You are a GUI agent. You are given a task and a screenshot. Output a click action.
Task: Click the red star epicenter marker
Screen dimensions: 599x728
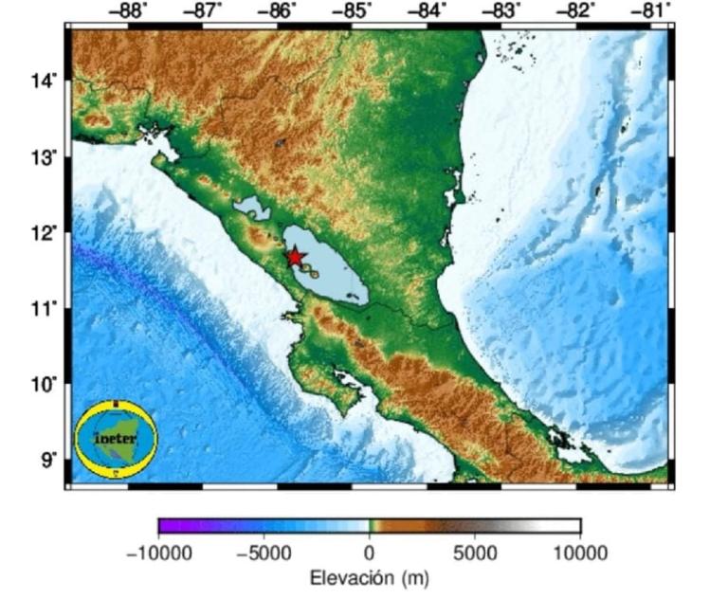tap(295, 257)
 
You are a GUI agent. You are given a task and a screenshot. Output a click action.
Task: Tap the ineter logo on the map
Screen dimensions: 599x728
tap(117, 439)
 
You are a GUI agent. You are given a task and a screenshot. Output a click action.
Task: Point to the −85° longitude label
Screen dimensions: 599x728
tap(353, 10)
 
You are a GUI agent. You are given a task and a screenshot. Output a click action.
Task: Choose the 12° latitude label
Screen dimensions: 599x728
tap(46, 232)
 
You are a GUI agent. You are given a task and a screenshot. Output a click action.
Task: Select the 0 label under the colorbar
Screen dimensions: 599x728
tap(369, 553)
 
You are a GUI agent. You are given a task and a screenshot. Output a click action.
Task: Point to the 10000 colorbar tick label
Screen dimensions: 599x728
tap(579, 553)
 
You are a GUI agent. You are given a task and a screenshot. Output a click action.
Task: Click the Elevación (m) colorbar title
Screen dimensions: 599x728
tap(369, 577)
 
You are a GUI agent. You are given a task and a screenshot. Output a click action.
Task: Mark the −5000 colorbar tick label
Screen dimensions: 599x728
tap(264, 553)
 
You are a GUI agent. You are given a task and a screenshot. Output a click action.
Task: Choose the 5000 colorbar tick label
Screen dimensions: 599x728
tap(474, 553)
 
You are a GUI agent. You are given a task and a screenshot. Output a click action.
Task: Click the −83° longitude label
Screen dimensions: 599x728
tap(501, 10)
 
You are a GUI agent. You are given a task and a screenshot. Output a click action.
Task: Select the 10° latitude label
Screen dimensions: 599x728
tap(46, 384)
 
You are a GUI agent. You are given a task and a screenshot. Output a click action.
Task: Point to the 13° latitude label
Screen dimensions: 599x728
tap(46, 156)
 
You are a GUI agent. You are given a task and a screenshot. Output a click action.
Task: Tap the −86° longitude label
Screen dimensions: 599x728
tap(279, 10)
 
